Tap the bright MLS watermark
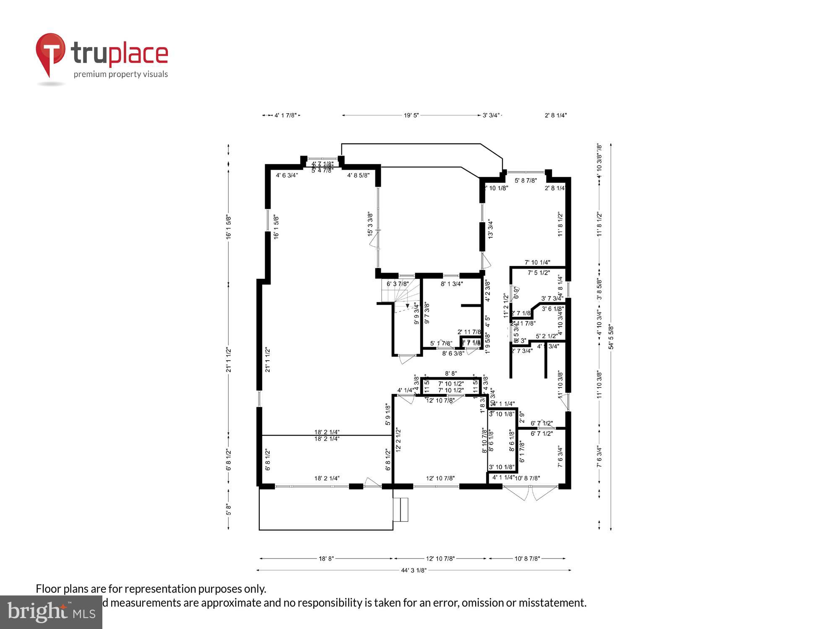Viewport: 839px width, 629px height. click(x=51, y=613)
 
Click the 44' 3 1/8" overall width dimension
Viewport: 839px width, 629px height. click(x=413, y=570)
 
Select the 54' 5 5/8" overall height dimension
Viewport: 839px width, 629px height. click(x=611, y=337)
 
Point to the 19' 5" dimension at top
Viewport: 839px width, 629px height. click(x=411, y=115)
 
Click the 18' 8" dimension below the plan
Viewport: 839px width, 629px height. click(x=326, y=559)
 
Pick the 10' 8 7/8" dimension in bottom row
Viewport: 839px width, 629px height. click(x=527, y=559)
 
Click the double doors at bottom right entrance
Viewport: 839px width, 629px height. click(x=530, y=493)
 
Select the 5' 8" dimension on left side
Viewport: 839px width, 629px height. click(x=229, y=509)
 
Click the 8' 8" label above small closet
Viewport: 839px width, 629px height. click(x=451, y=373)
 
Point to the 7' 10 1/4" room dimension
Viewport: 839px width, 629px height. click(x=537, y=263)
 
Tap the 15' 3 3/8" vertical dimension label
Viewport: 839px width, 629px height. click(x=370, y=224)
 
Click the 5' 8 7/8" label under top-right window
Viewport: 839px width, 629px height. click(x=526, y=181)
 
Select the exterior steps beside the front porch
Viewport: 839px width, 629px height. click(x=401, y=509)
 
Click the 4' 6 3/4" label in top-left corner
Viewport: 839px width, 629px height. click(x=287, y=175)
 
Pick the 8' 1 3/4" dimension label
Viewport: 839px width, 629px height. click(x=451, y=284)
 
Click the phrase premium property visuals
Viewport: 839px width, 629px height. click(x=121, y=75)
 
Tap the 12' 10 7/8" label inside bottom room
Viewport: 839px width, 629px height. click(x=440, y=478)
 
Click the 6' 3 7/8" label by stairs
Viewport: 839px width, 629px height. click(x=397, y=284)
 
